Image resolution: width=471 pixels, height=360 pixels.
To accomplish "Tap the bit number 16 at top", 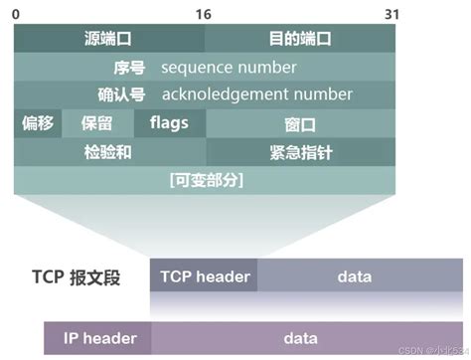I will click(x=203, y=13).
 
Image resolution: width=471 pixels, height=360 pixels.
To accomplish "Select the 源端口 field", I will click(x=109, y=39).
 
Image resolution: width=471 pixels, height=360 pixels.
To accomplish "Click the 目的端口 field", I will click(x=300, y=39).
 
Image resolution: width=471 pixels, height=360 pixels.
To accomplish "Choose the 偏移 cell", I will click(x=38, y=124).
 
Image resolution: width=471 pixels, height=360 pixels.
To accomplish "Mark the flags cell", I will click(x=168, y=123).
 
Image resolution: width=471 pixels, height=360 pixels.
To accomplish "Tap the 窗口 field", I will click(x=300, y=125).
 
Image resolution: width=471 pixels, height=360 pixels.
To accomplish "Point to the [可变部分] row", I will click(x=206, y=180).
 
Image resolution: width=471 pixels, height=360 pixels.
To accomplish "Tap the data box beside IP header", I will click(x=300, y=338).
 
